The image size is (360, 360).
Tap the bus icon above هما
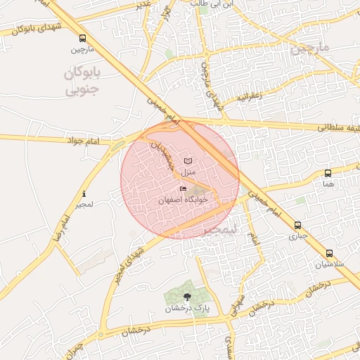pos(328,173)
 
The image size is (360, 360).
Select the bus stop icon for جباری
pos(298,226)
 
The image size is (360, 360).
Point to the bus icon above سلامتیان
pos(329,253)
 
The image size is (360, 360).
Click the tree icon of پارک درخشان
pos(186,297)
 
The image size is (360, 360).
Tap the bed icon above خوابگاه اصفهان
pos(184,189)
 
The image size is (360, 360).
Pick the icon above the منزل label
pos(187,161)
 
